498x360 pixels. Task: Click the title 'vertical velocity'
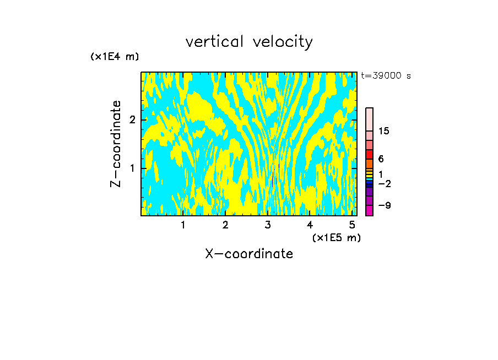(249, 42)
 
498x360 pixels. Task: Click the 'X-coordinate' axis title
(249, 254)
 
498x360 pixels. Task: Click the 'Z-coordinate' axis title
(116, 144)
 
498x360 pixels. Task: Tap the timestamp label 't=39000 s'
(386, 76)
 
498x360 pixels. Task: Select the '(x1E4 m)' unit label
(115, 57)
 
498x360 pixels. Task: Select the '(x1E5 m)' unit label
(336, 237)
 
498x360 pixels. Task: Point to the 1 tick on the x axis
(183, 225)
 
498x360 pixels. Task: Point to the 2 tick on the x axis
(225, 225)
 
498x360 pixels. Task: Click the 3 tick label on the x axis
(268, 225)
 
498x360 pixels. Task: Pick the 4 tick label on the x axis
(310, 225)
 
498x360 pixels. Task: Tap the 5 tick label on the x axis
(352, 225)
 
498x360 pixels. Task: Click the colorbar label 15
(384, 131)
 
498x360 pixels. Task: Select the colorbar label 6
(381, 159)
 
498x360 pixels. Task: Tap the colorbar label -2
(384, 184)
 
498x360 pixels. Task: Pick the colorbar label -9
(384, 205)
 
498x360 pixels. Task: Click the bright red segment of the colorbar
(369, 154)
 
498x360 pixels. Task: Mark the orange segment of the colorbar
(369, 163)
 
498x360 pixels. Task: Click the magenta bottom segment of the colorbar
(369, 210)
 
